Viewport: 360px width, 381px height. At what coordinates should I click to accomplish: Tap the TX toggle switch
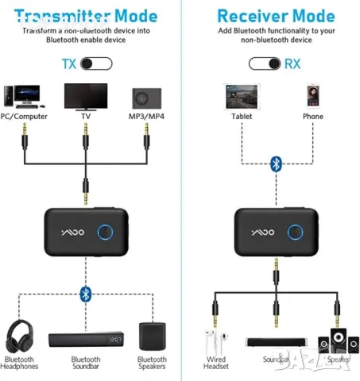click(x=95, y=63)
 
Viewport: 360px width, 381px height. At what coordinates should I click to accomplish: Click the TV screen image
click(x=86, y=98)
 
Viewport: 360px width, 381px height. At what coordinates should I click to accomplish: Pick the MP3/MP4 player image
click(x=145, y=98)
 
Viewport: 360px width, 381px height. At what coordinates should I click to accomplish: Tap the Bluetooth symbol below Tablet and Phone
click(x=276, y=163)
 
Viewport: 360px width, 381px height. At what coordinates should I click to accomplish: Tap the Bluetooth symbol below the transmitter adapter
click(x=86, y=294)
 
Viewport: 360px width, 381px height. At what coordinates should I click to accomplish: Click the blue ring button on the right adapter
click(x=296, y=233)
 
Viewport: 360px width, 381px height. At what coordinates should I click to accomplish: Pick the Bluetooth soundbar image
click(x=86, y=340)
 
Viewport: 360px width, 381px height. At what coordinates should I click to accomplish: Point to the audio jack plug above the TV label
click(x=86, y=144)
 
